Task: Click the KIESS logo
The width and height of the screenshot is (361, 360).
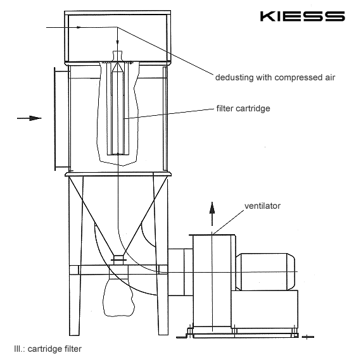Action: (302, 16)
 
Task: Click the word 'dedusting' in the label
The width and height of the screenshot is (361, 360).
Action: (234, 77)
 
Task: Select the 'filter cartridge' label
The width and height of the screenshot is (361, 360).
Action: (243, 108)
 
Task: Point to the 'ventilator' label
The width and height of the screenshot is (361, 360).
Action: (262, 206)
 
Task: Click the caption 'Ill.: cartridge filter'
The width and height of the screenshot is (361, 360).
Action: (47, 349)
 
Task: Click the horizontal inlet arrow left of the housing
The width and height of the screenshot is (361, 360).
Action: (29, 118)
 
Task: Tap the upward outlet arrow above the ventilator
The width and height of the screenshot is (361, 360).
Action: (212, 214)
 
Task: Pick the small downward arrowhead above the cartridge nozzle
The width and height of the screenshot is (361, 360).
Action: (117, 42)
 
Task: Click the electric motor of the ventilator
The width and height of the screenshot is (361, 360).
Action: (265, 271)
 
